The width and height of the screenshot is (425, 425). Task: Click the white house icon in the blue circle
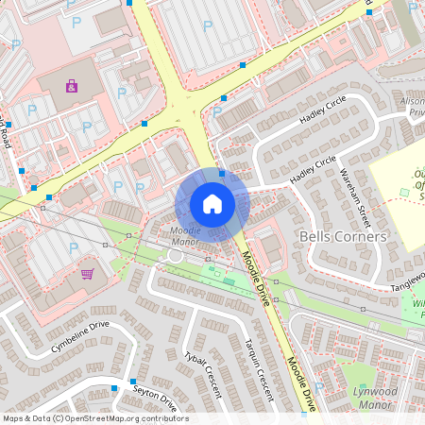click(212, 204)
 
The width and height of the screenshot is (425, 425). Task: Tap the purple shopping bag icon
click(72, 86)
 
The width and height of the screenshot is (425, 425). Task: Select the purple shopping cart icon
click(87, 274)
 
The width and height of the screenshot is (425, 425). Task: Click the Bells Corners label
click(342, 236)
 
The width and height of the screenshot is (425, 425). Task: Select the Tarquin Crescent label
click(257, 368)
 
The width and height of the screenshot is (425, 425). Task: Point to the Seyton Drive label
click(155, 401)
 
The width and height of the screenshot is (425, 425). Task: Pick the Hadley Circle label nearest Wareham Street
click(313, 172)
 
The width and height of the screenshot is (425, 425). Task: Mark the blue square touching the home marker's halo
click(222, 173)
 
